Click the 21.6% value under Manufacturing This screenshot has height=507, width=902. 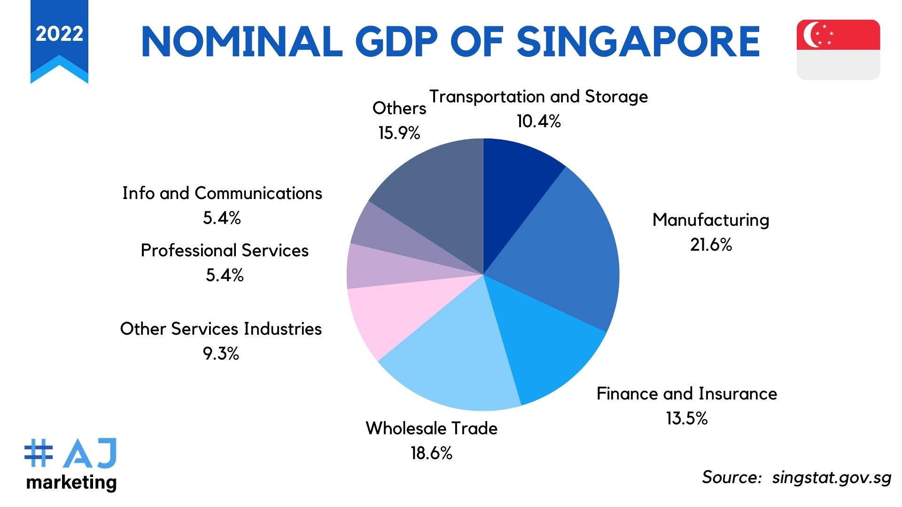click(711, 245)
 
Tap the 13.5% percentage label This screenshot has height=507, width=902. click(687, 418)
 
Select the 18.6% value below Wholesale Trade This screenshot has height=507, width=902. click(431, 453)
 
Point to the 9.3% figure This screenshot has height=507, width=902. click(221, 353)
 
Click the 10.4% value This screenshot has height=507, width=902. click(539, 121)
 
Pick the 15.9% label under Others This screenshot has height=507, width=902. click(399, 133)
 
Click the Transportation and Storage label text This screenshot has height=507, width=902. click(539, 97)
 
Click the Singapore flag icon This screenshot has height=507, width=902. click(838, 49)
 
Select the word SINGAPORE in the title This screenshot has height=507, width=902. click(638, 41)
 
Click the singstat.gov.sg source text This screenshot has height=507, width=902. click(832, 477)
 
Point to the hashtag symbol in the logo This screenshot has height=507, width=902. click(39, 453)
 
